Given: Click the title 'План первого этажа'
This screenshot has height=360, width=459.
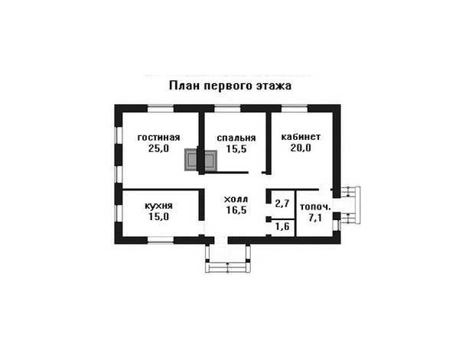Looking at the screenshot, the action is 230,86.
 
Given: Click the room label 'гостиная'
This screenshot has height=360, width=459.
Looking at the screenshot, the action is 158,138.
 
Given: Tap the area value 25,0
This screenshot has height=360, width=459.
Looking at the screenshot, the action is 158,148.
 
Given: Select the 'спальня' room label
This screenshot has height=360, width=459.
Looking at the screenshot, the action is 236,138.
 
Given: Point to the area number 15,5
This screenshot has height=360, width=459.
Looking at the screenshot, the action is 236,149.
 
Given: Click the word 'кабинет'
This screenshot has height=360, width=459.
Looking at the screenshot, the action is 301,137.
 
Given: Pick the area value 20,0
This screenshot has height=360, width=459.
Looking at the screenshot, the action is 301,148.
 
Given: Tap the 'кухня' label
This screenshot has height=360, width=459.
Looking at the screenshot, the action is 158,206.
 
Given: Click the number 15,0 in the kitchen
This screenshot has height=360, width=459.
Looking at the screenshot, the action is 158,217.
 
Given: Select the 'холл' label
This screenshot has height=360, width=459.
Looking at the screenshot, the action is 236,199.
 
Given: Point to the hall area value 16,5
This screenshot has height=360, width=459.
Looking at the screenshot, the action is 236,210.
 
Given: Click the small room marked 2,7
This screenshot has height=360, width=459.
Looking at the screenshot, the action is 282,203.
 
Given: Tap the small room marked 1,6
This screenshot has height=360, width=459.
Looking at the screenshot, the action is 282,226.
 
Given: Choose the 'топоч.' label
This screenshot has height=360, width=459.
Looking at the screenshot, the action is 315,207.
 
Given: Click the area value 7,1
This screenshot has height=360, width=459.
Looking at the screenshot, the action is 315,218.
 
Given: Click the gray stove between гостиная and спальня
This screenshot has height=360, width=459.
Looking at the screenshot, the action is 200,161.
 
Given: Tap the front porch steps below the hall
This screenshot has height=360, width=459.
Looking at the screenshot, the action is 228,268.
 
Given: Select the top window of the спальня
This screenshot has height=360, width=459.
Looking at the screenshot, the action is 227,109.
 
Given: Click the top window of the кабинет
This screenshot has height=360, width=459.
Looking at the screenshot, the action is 295,109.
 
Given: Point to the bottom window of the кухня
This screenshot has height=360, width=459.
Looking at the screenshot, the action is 161,240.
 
